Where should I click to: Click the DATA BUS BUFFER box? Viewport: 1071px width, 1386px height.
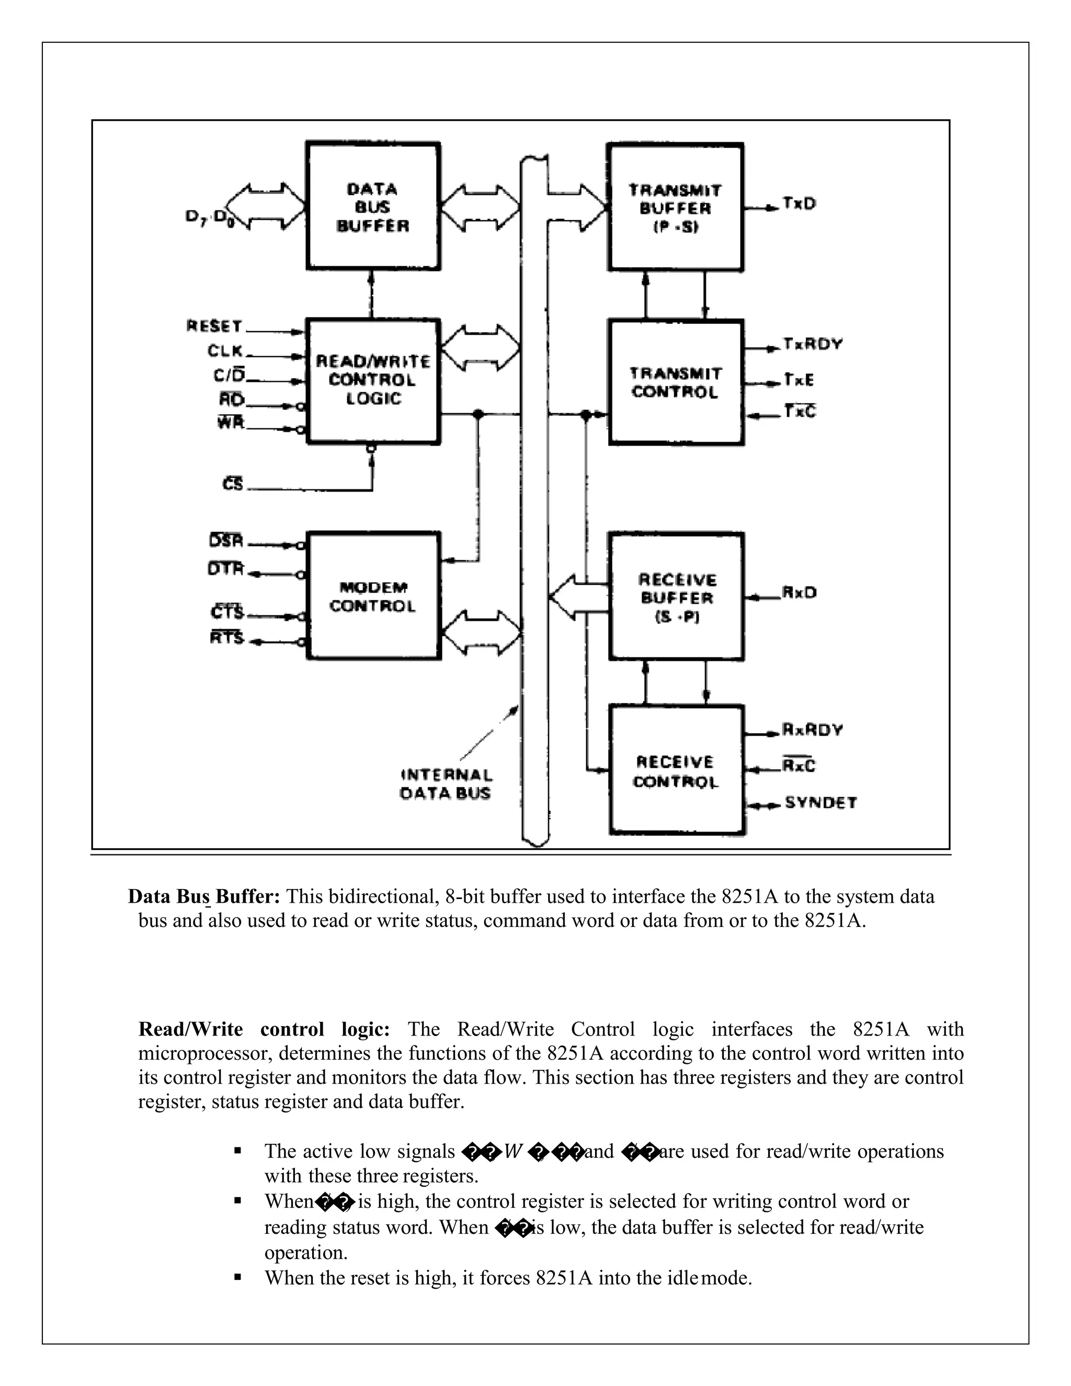point(373,206)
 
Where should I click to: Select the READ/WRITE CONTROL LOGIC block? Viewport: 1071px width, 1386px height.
point(373,381)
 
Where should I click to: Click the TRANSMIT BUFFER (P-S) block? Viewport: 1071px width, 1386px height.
point(675,208)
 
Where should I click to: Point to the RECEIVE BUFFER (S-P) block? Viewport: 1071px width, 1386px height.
point(676,597)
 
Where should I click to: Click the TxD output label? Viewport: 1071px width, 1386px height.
point(799,203)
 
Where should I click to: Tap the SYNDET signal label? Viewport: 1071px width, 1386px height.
point(821,803)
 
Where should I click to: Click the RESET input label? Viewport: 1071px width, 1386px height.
point(214,326)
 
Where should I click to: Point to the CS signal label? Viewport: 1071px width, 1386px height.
point(233,484)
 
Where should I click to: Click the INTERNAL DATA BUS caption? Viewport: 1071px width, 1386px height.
point(446,784)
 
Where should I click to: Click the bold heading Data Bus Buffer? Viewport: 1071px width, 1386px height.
point(203,896)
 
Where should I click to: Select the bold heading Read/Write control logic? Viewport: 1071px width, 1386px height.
point(264,1029)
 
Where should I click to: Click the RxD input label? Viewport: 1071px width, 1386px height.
point(799,592)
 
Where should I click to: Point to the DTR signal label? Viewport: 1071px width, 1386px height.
point(226,569)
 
